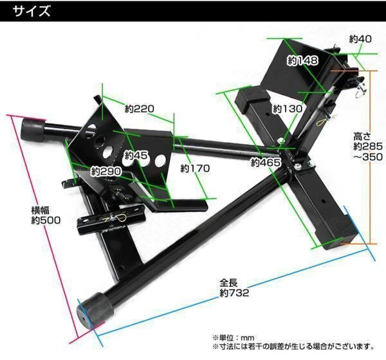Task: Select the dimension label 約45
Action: coord(136,155)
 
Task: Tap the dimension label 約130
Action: coord(287,109)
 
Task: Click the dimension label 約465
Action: coord(266,163)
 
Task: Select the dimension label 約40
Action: coord(360,39)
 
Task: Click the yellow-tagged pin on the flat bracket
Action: coord(122,219)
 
